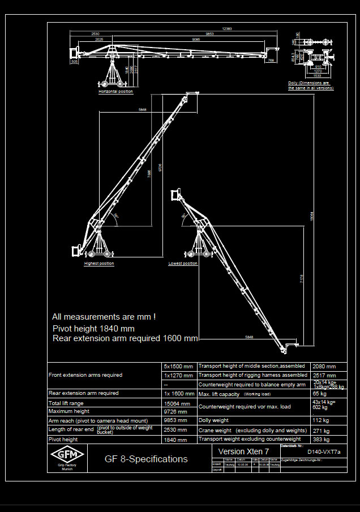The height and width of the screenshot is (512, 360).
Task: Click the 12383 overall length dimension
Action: [227, 28]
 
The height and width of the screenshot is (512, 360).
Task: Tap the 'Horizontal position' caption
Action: [115, 92]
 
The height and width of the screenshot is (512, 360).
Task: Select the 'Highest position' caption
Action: [99, 264]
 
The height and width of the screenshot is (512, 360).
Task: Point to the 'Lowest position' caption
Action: [183, 264]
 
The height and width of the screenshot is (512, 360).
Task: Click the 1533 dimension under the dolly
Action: [318, 75]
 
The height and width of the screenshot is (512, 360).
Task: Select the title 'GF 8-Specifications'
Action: [146, 459]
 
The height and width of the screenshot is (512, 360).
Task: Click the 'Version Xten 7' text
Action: [244, 451]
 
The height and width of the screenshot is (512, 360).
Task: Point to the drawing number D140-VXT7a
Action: [324, 453]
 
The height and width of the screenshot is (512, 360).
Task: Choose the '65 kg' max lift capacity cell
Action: [320, 394]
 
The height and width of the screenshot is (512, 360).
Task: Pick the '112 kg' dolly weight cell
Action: [320, 420]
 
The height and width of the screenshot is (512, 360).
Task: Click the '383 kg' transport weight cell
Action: [320, 439]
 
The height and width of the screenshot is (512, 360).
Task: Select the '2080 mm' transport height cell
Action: [323, 366]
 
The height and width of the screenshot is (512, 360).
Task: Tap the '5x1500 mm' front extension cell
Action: [178, 366]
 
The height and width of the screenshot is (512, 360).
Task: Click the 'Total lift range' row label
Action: [66, 403]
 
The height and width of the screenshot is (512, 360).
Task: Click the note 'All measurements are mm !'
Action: [104, 317]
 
